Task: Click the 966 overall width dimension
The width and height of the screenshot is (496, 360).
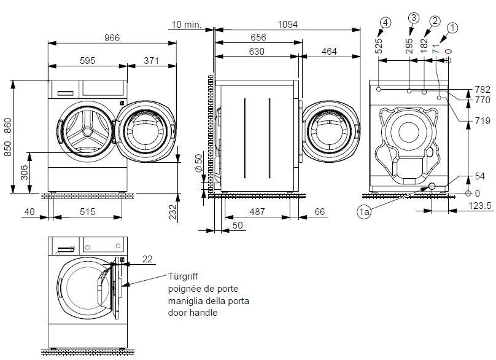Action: [x=111, y=37]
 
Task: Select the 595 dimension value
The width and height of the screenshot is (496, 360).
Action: [x=87, y=60]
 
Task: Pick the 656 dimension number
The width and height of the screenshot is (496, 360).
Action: [x=258, y=38]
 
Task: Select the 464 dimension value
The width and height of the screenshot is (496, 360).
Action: [x=328, y=52]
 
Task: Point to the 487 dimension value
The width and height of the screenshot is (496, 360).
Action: [x=257, y=212]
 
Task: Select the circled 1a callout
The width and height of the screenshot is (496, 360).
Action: [x=364, y=212]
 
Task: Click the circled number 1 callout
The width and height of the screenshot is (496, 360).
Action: [x=452, y=27]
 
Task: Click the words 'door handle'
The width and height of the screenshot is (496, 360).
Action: [x=193, y=313]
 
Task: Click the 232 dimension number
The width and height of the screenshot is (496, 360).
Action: [x=173, y=212]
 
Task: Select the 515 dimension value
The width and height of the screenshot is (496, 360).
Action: [x=88, y=212]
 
